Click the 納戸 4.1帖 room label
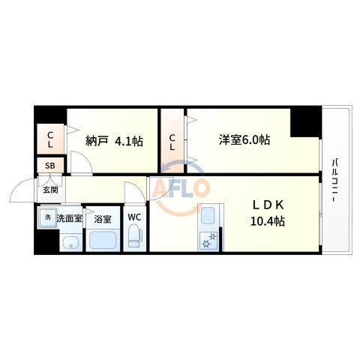point(115,140)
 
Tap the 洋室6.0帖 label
point(244,139)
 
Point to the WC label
point(133,218)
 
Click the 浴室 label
point(103,220)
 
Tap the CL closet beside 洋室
point(172,142)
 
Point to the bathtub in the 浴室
point(103,241)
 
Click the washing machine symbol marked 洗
point(46,218)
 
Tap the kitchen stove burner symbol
point(208,240)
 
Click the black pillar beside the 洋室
point(304,122)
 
